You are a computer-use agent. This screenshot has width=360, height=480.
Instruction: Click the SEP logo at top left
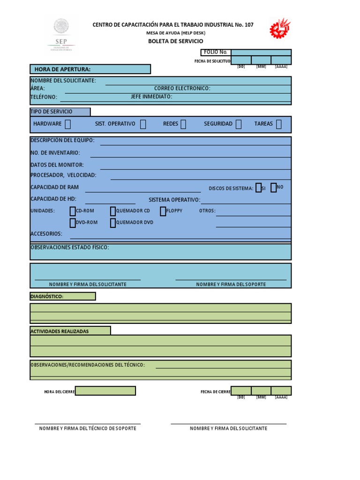tap(61, 33)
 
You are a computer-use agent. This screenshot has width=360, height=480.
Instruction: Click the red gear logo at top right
tap(280, 28)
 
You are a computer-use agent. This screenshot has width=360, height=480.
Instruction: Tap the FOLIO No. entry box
tap(261, 52)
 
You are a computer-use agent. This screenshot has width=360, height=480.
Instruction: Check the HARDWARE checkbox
tap(68, 124)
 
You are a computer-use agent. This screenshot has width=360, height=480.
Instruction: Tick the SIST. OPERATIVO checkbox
tap(143, 124)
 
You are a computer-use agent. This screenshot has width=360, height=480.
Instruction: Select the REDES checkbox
tap(183, 124)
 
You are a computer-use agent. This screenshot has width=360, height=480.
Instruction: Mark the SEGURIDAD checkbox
tap(239, 124)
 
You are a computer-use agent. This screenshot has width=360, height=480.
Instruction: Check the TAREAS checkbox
tap(279, 124)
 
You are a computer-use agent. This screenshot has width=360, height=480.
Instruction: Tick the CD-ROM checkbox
tap(73, 211)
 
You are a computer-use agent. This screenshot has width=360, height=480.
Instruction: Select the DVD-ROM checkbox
tap(73, 223)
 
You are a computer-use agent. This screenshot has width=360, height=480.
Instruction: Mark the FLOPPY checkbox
tap(163, 211)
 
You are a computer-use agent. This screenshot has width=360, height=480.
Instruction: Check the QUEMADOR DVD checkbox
tap(113, 223)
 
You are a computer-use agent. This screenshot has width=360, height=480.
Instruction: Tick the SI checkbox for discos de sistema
tap(259, 188)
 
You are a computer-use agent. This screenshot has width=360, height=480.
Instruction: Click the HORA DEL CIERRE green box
tap(105, 391)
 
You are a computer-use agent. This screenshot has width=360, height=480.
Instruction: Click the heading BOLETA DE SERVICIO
tap(176, 41)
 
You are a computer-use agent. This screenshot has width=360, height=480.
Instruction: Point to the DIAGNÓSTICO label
tap(47, 296)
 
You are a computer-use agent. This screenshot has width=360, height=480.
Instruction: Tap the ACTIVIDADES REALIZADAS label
tap(60, 331)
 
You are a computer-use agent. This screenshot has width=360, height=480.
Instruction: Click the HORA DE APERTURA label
tap(62, 69)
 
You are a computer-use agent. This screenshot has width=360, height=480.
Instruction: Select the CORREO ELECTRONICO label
tap(182, 88)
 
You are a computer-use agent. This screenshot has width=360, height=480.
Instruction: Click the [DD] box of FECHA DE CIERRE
tap(241, 391)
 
